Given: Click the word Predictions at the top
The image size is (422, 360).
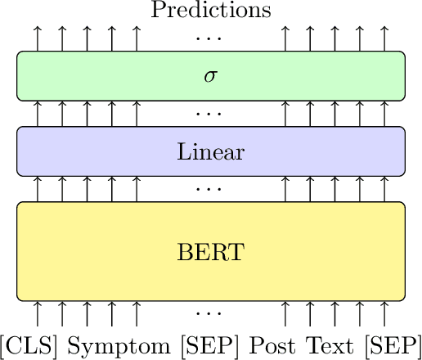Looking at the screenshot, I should (211, 11).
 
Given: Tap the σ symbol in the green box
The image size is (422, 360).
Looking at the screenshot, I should (211, 76).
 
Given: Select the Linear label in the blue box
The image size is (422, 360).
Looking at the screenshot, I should (211, 151).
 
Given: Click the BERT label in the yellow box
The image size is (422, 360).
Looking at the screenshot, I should (211, 250).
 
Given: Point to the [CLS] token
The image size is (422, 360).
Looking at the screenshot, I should (31, 344).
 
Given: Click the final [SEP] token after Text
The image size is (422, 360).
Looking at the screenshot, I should (391, 344).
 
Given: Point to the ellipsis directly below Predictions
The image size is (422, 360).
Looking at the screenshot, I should (211, 38).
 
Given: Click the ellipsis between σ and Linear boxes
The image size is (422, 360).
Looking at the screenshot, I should (211, 114).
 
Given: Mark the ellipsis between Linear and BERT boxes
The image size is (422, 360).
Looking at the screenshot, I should (211, 189).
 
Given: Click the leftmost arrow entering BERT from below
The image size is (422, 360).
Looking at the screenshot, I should (38, 313).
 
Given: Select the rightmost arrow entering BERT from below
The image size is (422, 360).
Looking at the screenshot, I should (384, 313).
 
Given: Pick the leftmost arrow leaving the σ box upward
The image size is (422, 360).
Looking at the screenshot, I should (38, 38).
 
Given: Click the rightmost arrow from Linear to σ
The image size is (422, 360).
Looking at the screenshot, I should (384, 114).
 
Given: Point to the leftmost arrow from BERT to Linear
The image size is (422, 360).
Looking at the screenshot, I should (38, 189).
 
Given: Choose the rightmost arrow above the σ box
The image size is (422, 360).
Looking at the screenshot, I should (384, 38).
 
